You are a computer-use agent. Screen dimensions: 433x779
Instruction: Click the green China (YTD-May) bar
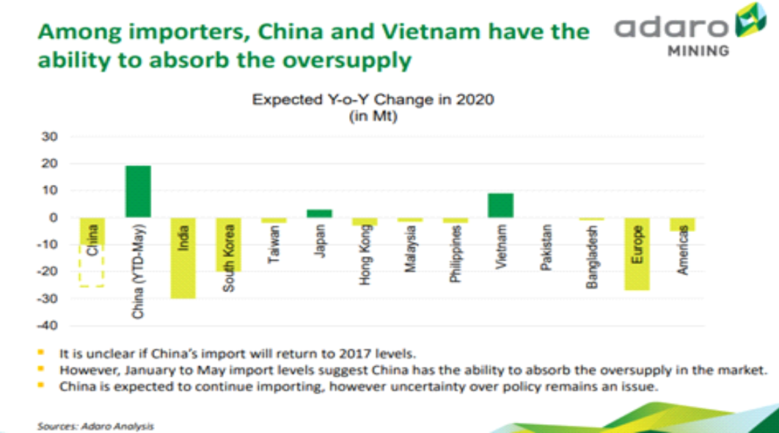pos(138,192)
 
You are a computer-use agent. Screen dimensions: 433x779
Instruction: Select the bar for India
pos(183,258)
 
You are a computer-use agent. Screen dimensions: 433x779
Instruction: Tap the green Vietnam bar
pos(501,205)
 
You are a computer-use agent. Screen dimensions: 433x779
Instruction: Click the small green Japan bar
pos(319,214)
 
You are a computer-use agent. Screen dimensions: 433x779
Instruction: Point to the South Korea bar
pos(228,244)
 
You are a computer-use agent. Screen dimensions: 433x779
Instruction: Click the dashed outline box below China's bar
pos(92,266)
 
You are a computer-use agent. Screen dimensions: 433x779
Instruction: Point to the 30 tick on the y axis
pos(50,137)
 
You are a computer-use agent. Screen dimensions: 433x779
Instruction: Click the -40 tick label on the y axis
pos(47,325)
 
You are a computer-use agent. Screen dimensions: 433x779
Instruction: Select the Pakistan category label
pos(546,250)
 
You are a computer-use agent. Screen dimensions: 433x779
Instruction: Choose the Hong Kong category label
pos(365,254)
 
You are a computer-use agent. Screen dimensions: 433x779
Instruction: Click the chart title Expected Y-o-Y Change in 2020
pos(373,100)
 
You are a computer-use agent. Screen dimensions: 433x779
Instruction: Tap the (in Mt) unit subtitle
pos(373,115)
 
